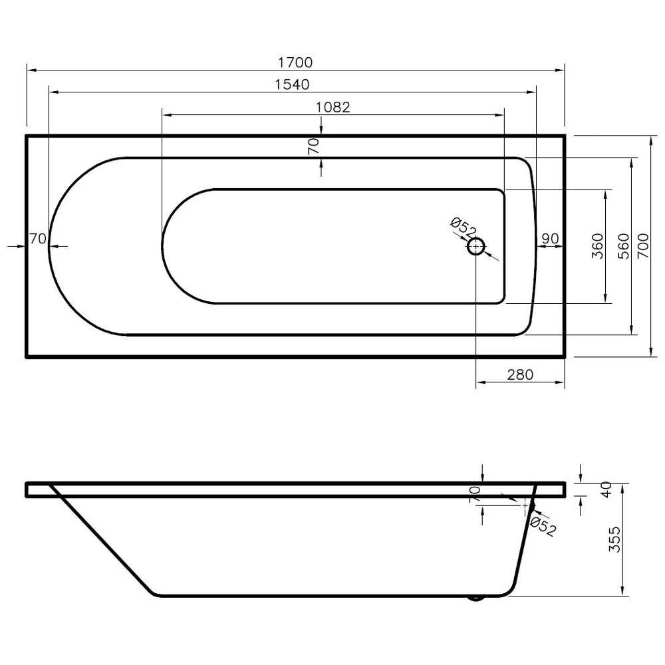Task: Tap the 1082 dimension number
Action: [x=332, y=106]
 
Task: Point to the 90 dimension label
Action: [x=549, y=239]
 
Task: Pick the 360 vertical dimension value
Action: [x=597, y=246]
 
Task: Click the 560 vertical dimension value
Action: [x=623, y=246]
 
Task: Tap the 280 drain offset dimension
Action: [x=520, y=374]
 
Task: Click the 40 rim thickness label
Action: [x=605, y=490]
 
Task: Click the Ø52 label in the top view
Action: [x=464, y=229]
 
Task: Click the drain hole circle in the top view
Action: [x=476, y=247]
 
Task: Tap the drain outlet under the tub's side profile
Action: [x=476, y=598]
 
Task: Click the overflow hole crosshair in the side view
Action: [x=525, y=505]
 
